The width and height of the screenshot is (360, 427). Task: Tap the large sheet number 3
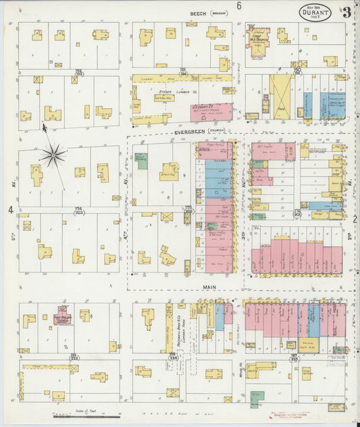tap(346, 11)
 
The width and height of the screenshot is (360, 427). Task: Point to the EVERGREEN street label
tap(189, 132)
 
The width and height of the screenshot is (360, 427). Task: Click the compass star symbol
tap(53, 156)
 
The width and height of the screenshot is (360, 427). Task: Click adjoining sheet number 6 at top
tap(238, 6)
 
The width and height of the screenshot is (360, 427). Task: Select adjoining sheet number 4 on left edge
tap(10, 210)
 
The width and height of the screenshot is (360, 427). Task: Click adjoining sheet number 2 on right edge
tap(354, 218)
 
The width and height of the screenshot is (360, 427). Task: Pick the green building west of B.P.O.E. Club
tap(141, 160)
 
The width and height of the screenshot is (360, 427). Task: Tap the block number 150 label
tap(296, 70)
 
